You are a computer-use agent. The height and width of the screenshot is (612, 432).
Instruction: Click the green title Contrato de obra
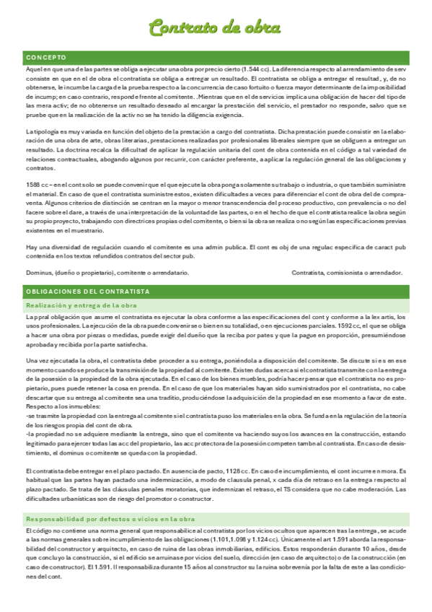click(x=214, y=27)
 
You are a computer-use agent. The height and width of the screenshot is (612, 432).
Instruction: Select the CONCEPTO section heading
click(x=46, y=56)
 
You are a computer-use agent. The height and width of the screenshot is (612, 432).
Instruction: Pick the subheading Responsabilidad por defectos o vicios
click(x=110, y=519)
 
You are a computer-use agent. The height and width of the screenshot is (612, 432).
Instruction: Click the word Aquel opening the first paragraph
click(x=35, y=69)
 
